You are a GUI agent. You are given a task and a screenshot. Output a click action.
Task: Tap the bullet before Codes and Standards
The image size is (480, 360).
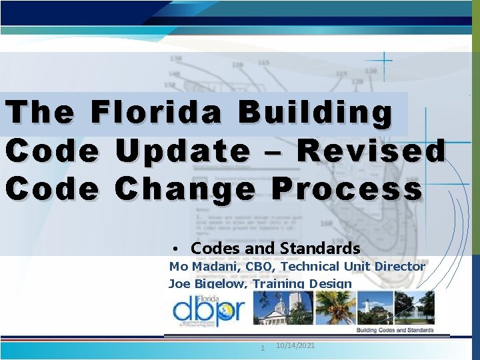(173, 249)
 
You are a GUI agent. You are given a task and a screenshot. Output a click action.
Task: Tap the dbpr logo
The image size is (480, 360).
(209, 310)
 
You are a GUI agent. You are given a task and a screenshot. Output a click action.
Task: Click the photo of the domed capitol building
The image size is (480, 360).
(281, 307)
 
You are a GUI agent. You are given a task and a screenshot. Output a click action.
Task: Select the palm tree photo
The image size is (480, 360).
(334, 307)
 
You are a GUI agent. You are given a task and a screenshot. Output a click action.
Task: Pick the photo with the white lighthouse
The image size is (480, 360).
(373, 307)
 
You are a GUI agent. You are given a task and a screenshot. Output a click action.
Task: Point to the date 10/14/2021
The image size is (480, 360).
(295, 345)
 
